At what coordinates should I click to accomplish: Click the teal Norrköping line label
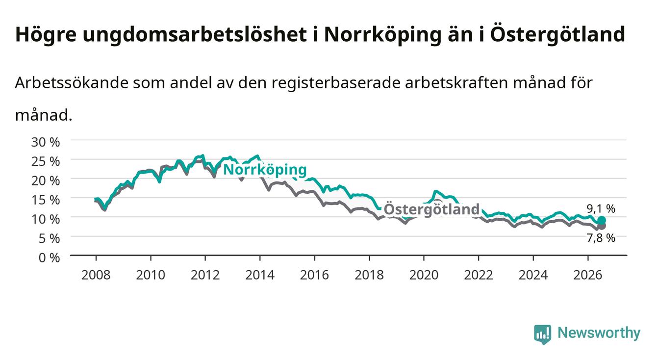coord(265,170)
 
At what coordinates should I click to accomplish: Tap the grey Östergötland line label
coord(431,209)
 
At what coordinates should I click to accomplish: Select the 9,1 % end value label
coord(601,209)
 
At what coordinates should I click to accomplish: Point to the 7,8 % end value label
coord(601,238)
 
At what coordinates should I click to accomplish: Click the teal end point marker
coord(602,220)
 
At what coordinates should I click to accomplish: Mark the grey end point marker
coord(602,226)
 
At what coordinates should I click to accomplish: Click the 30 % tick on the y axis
coord(46,142)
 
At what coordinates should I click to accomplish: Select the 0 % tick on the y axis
coord(49,258)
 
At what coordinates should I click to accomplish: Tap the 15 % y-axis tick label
coord(46,200)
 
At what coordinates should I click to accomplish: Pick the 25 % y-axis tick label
coord(46,161)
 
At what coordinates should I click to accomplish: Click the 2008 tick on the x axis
coord(96,275)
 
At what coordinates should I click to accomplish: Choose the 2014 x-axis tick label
coord(260,275)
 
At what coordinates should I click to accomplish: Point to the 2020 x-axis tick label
coord(424,275)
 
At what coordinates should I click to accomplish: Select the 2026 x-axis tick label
coord(588,275)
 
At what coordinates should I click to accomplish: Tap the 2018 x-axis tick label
coord(369,275)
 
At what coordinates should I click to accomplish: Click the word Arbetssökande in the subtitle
coord(72,83)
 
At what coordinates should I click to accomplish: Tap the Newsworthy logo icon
coord(543,334)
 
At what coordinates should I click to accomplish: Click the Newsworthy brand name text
coord(599,334)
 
